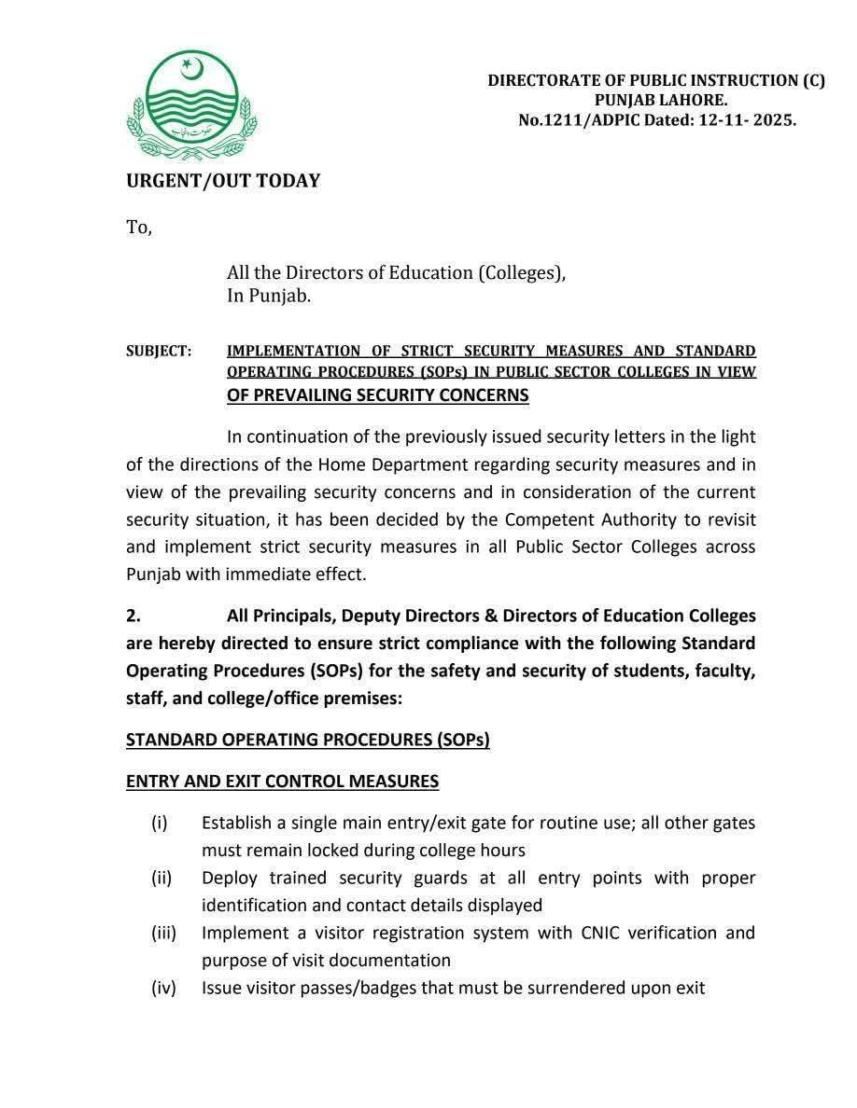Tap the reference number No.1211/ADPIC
pos(582,120)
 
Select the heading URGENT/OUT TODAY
pos(223,181)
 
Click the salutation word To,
pos(139,228)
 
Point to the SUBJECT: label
pos(159,352)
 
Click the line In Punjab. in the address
pos(269,297)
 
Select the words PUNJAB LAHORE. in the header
pos(661,101)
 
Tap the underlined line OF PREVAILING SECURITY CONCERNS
pos(377,395)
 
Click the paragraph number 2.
pos(133,616)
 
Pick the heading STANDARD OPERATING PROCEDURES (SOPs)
pos(308,740)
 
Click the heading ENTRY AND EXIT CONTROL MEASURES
pos(282,782)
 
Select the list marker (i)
pos(160,824)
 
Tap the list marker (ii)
pos(162,879)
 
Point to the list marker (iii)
pos(163,933)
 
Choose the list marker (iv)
pos(163,988)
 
